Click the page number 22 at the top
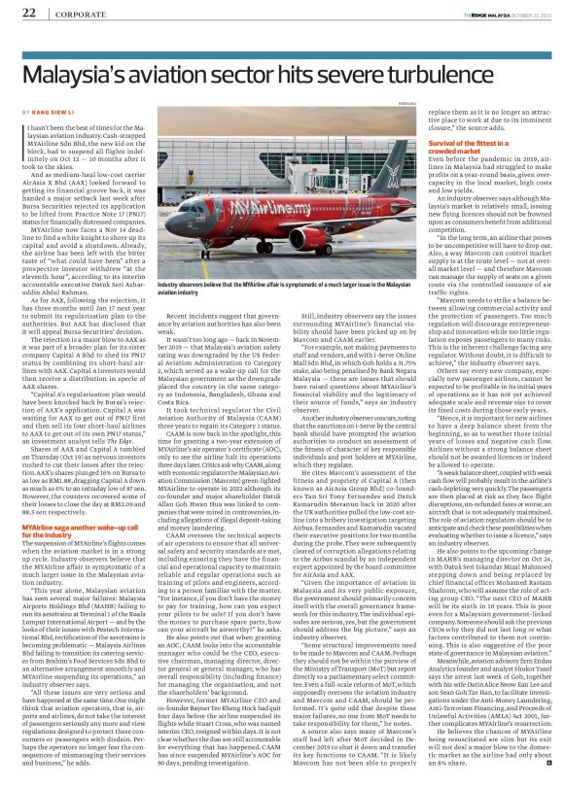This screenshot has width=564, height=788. pos(28,13)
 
